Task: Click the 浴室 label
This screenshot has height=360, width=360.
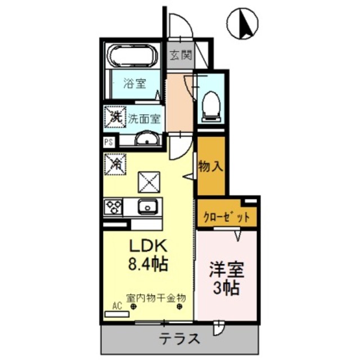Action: point(135,84)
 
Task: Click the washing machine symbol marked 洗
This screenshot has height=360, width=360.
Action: point(114,118)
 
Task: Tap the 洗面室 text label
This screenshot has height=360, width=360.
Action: point(144,119)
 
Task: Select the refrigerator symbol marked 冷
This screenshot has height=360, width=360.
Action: point(114,165)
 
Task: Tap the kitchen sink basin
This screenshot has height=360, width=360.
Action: point(148,206)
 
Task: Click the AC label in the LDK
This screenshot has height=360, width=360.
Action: point(117,306)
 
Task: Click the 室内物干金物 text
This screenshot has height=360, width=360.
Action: point(155,297)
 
